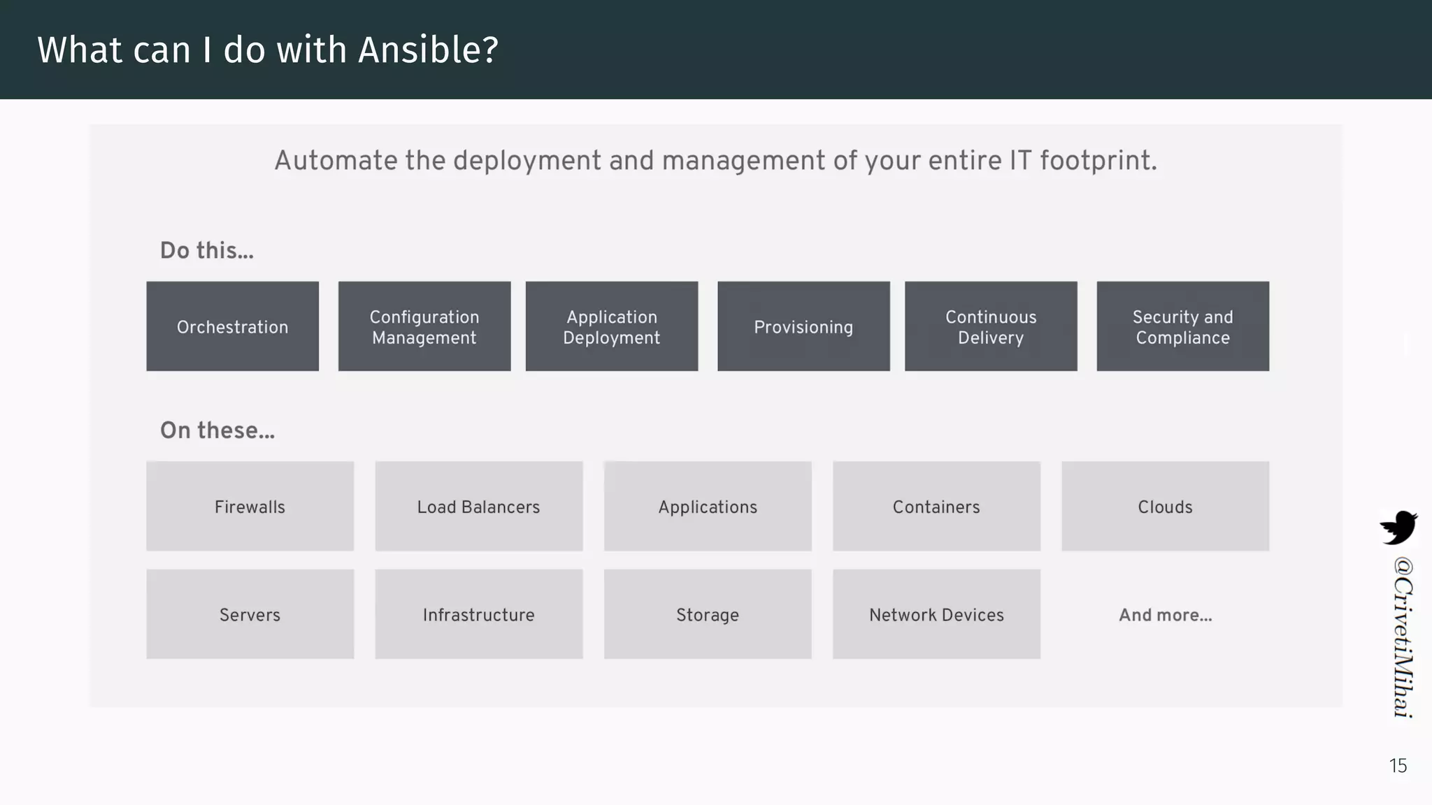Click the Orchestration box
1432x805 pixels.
232,326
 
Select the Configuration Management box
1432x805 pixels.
424,326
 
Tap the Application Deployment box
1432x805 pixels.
612,326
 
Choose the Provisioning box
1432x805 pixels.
803,326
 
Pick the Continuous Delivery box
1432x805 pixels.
991,326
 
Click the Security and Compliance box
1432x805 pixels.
1182,326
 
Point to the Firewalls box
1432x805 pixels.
250,507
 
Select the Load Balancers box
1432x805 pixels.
479,507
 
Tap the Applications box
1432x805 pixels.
708,507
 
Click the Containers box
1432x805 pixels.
936,507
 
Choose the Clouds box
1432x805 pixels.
1165,507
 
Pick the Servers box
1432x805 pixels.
250,614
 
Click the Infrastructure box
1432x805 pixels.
479,614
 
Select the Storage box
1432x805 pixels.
708,614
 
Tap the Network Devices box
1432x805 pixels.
936,614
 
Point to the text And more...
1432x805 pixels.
1165,615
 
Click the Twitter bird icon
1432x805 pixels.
1398,528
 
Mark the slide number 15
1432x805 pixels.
1398,766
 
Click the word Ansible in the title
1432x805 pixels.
427,50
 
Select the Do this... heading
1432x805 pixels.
207,250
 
